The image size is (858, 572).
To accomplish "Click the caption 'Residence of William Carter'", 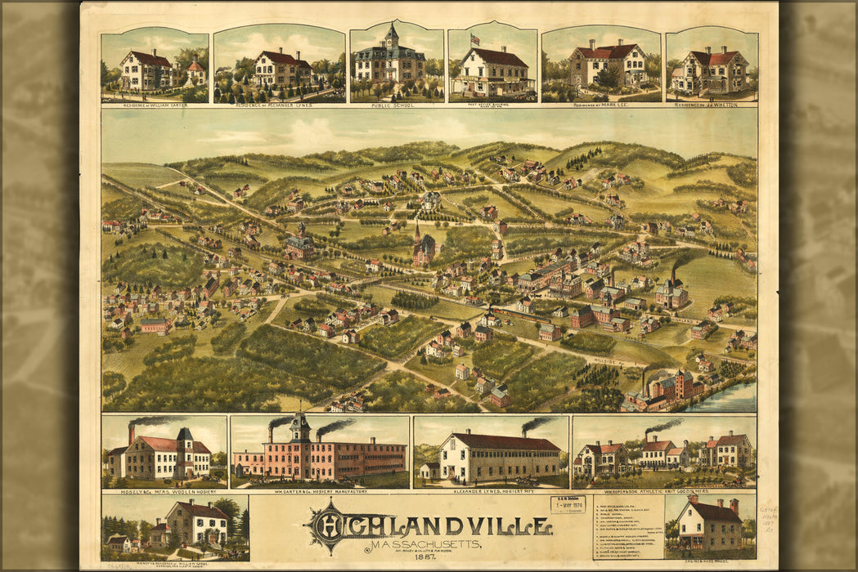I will click(155, 105).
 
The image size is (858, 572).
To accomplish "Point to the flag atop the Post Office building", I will click(474, 38).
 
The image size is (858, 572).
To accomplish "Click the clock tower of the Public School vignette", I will click(392, 37).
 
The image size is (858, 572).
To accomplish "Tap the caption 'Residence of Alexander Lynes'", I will click(278, 105).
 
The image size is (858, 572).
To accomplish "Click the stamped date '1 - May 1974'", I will click(568, 505).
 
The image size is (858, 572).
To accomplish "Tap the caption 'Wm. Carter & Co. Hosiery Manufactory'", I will click(320, 491).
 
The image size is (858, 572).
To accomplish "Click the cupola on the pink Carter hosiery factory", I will click(300, 427).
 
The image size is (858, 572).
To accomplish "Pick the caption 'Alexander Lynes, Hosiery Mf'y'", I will click(491, 491).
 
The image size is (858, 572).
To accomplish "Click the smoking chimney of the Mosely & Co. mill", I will click(131, 432).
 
